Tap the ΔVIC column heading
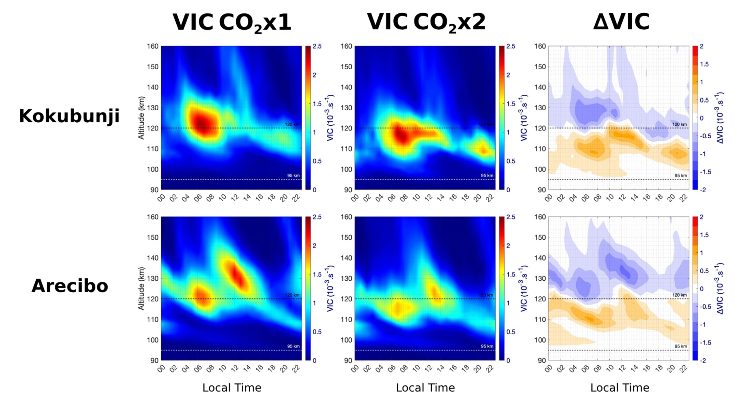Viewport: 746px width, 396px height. [621, 22]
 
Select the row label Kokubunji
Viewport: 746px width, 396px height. [69, 116]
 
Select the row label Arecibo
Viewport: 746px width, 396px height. [70, 286]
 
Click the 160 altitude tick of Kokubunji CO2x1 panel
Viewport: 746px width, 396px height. [152, 46]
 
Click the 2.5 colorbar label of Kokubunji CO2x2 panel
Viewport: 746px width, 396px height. [511, 46]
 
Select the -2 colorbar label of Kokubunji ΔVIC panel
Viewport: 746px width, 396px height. [703, 190]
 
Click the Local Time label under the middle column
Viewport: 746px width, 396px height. [425, 388]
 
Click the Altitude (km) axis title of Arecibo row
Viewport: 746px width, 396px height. [141, 288]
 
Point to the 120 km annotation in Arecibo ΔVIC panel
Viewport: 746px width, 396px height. [679, 295]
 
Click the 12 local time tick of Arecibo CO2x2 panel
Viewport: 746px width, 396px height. [428, 368]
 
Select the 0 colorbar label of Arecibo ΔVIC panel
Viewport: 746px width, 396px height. [701, 289]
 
